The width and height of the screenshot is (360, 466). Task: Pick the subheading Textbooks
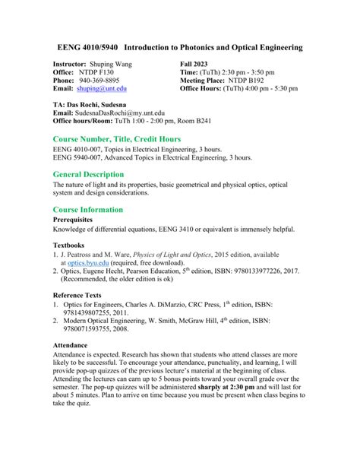point(69,245)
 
